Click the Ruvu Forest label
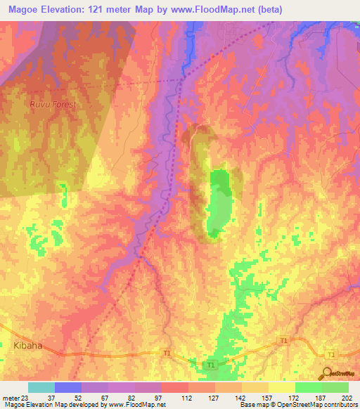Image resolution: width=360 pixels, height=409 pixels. point(53,104)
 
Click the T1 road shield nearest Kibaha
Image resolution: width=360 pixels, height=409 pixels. point(167,352)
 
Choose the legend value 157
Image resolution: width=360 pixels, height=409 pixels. point(255,397)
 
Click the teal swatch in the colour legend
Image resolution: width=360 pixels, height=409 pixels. point(41,387)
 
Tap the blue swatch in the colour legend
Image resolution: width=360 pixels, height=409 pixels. point(67,387)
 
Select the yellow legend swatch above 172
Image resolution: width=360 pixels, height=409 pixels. point(281,387)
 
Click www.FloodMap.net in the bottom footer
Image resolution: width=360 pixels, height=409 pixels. point(138,405)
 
